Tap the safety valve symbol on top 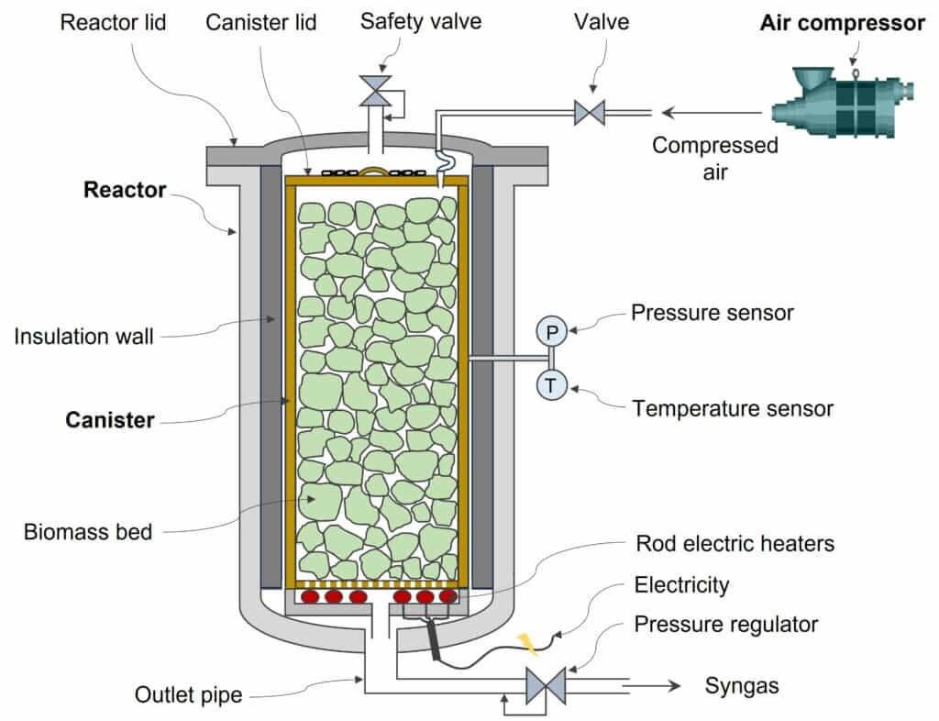click(x=374, y=90)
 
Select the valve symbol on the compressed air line click(x=588, y=113)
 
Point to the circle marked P click(x=551, y=331)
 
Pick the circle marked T click(x=551, y=385)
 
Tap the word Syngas click(x=741, y=685)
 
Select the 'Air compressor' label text click(x=842, y=24)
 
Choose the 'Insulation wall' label click(x=83, y=337)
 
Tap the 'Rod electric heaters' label click(x=735, y=544)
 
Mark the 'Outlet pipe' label click(x=188, y=694)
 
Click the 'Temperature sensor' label click(x=733, y=408)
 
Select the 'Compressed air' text click(x=714, y=158)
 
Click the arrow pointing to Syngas click(x=655, y=685)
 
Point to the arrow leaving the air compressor click(x=711, y=113)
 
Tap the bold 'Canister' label click(x=109, y=420)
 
